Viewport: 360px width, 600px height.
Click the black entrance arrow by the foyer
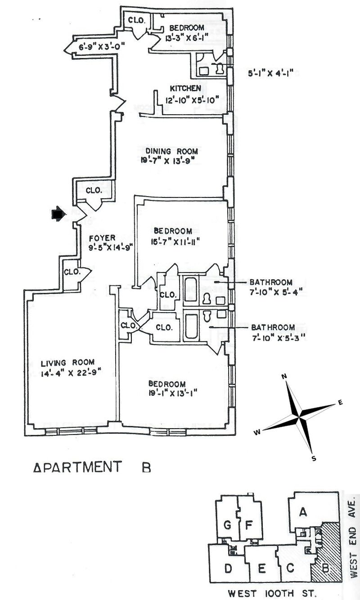[58, 214]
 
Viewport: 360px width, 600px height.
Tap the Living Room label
[67, 363]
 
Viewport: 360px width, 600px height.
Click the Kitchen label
[185, 88]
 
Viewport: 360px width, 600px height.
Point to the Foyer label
[102, 238]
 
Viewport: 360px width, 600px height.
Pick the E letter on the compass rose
[340, 402]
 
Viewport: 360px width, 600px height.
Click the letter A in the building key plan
[303, 512]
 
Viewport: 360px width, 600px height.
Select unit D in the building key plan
[228, 568]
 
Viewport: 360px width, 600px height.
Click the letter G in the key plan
[227, 525]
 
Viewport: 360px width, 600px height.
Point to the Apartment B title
[92, 467]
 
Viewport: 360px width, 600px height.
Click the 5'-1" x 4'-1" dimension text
[270, 73]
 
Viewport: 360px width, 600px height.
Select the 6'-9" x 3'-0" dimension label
[102, 47]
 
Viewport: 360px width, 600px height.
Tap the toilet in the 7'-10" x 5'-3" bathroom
[207, 316]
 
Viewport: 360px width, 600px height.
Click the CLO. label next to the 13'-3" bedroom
[137, 20]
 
